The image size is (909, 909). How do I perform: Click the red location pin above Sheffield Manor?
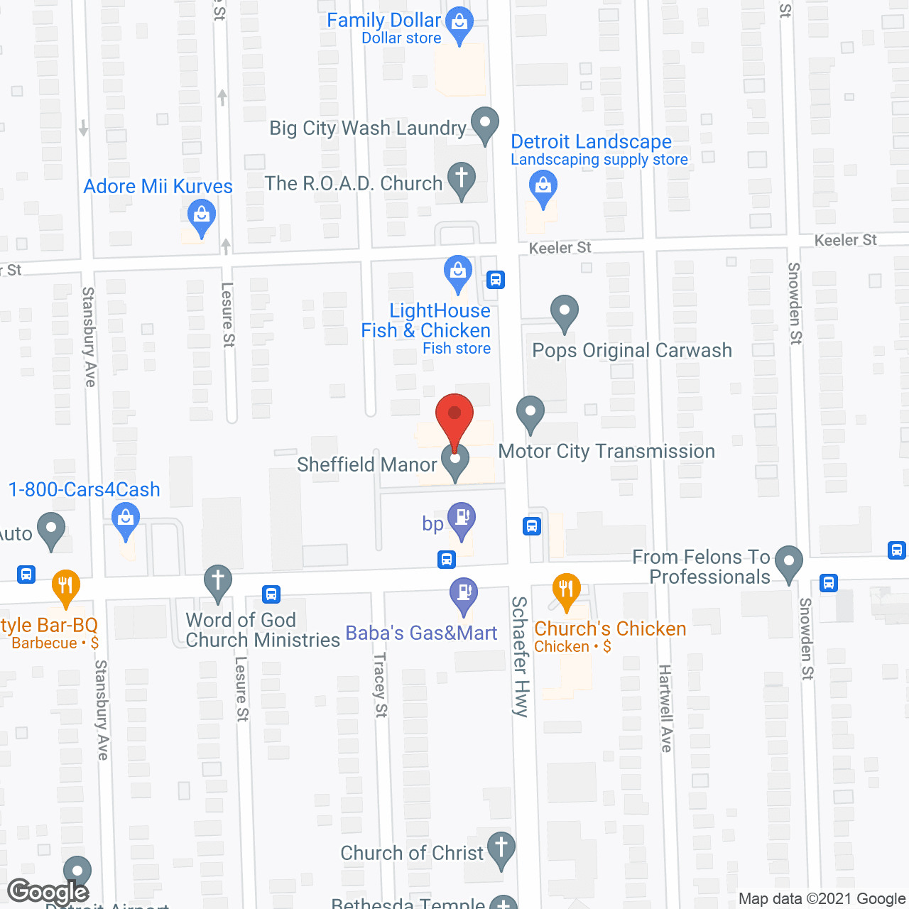(x=454, y=416)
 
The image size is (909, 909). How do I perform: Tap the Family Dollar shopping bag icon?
(x=460, y=24)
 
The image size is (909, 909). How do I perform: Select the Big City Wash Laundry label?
(x=367, y=129)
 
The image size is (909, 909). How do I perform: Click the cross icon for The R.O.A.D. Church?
(x=461, y=177)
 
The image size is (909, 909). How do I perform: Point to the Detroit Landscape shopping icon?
(x=543, y=187)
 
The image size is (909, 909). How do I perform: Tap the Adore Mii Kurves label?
(x=158, y=187)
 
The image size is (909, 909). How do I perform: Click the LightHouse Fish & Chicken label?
(x=426, y=321)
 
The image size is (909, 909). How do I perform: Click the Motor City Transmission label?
(x=606, y=452)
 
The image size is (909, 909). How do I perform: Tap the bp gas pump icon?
(x=462, y=518)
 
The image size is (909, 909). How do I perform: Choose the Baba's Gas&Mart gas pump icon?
(x=464, y=592)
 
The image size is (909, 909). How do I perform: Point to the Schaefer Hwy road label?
(x=521, y=656)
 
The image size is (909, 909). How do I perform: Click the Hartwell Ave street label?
(x=665, y=708)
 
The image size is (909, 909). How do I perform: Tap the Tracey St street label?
(x=381, y=685)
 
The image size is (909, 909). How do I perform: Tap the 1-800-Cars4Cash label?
(x=85, y=490)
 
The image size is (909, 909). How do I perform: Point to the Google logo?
(x=48, y=891)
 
